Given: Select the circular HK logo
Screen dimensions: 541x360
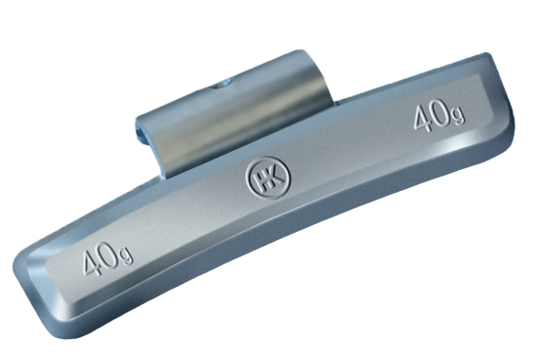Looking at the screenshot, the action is pyautogui.click(x=268, y=178).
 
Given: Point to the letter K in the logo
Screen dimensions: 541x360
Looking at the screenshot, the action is pyautogui.click(x=275, y=178).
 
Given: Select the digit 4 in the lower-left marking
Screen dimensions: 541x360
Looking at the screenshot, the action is pyautogui.click(x=92, y=263).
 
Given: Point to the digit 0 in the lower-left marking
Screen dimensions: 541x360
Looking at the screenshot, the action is pyautogui.click(x=110, y=256).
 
